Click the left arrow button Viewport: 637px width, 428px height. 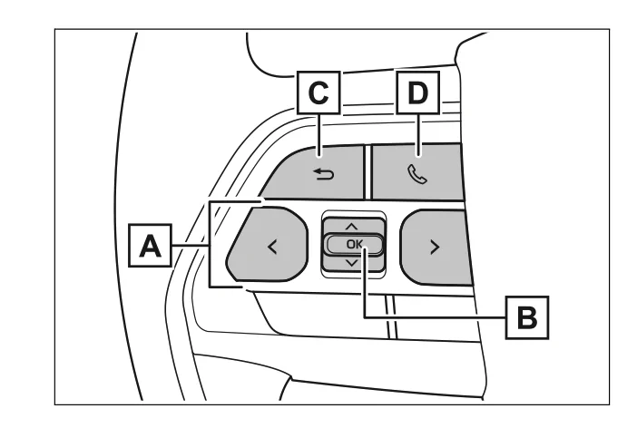coord(267,245)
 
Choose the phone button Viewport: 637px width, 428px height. coord(417,170)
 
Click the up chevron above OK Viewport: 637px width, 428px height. coord(352,225)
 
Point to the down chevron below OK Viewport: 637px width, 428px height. coord(352,263)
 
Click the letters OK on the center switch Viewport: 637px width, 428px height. coord(352,244)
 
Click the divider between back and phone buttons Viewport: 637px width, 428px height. coord(367,170)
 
